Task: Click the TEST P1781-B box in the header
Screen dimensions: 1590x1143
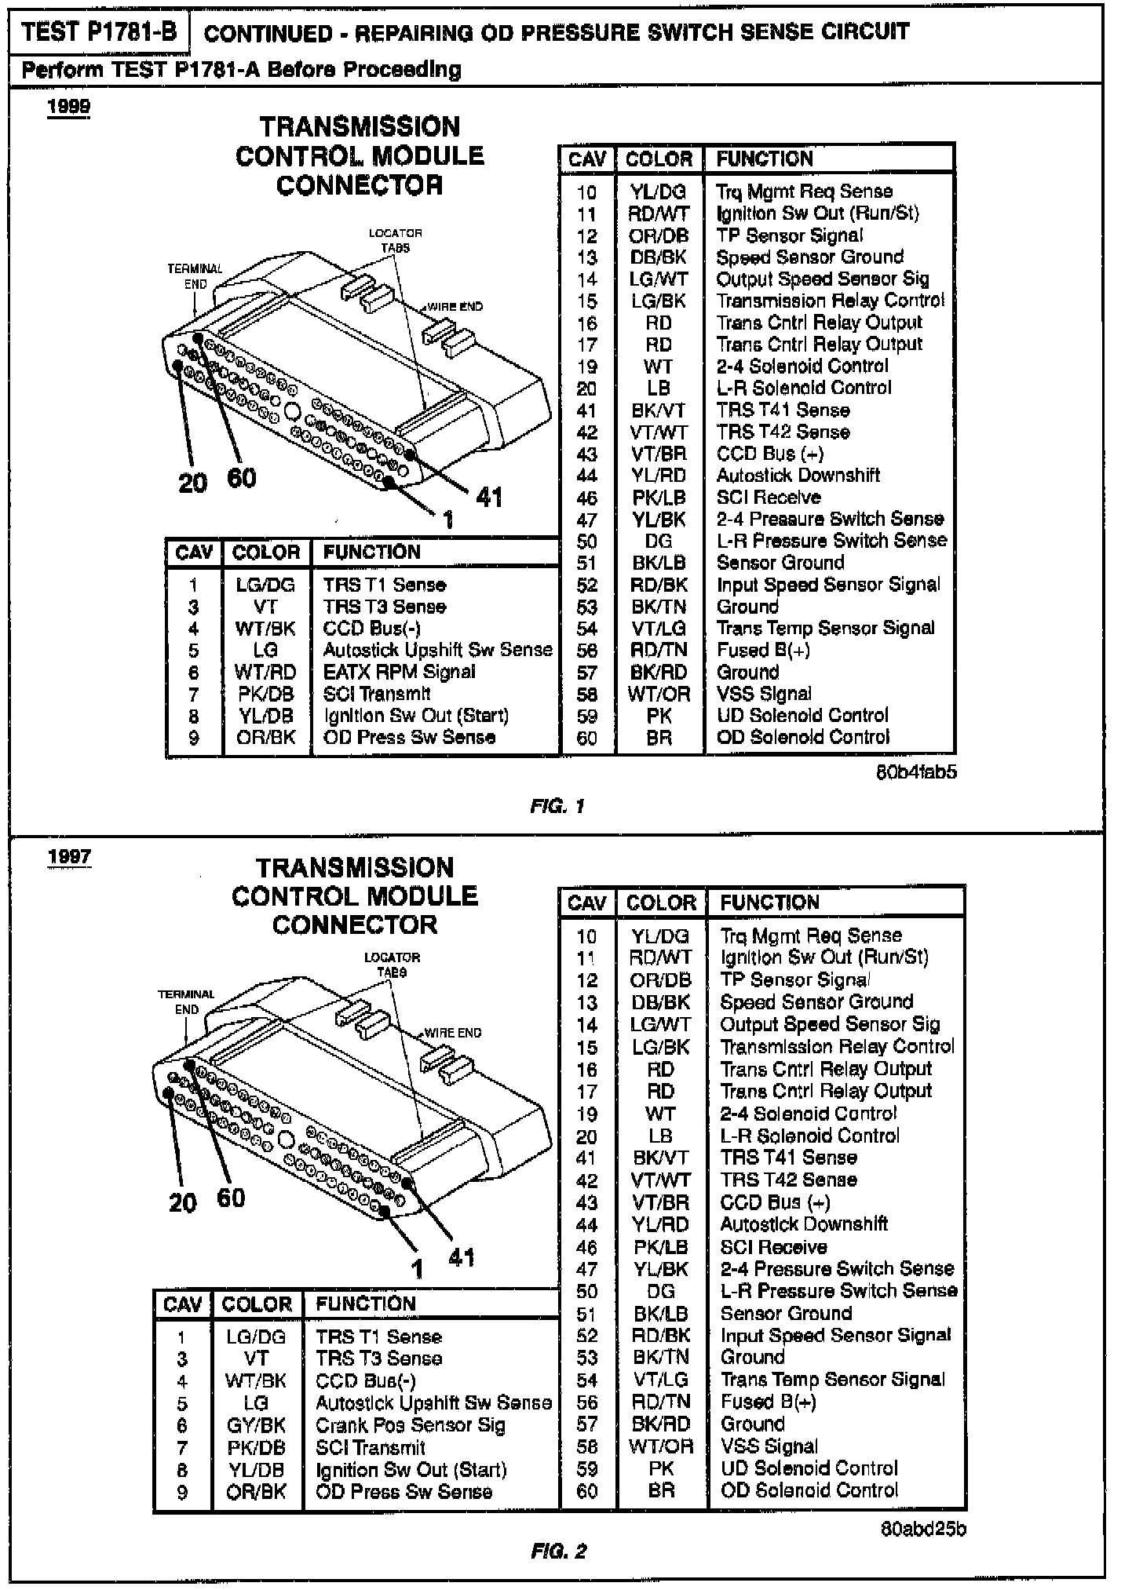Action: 99,32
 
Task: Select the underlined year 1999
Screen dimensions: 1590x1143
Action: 69,107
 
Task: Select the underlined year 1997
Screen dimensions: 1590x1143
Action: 69,856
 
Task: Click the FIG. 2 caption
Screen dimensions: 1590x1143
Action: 558,1551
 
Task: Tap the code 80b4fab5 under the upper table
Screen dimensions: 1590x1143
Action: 916,772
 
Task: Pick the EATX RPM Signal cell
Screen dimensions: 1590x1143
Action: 399,672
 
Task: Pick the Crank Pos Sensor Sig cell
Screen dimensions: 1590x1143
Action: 410,1425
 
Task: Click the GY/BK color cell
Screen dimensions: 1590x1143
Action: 256,1425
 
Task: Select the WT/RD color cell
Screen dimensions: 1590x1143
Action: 265,672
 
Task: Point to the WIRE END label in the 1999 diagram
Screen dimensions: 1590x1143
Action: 455,307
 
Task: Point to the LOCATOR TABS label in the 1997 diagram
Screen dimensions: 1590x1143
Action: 392,965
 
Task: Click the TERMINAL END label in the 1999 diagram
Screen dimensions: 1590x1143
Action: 195,276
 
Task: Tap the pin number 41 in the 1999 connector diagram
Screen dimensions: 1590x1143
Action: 488,497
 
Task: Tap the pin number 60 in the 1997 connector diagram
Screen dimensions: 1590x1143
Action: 231,1198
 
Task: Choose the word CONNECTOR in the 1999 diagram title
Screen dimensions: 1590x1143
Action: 360,185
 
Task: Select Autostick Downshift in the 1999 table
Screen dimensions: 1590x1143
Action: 798,475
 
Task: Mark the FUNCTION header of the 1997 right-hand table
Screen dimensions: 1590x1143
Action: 769,903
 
